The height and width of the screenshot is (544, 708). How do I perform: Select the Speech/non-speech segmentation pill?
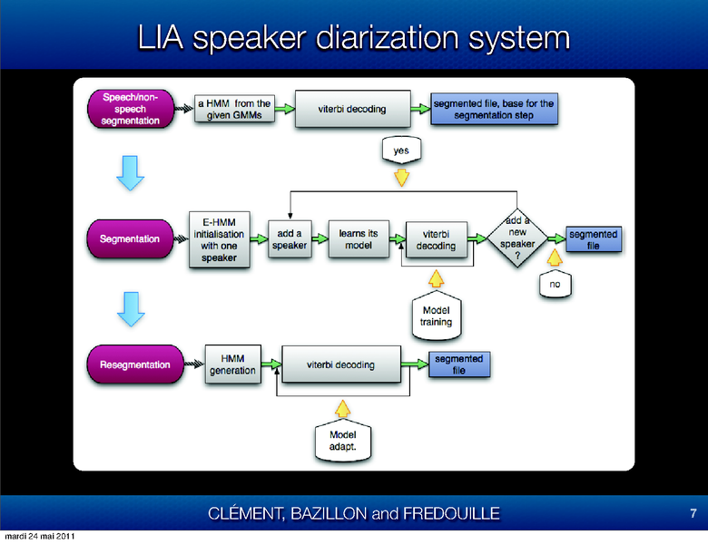(129, 108)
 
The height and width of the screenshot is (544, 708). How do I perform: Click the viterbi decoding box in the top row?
(351, 109)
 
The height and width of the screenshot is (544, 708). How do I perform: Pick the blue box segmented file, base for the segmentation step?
(493, 110)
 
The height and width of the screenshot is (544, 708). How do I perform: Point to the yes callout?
(400, 149)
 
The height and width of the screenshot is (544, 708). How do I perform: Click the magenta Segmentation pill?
(129, 239)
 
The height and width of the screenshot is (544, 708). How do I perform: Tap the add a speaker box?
(290, 239)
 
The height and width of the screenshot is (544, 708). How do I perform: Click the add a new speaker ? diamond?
(517, 240)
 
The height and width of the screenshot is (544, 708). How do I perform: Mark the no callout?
(555, 285)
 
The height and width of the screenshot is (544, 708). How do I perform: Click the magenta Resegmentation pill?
(129, 364)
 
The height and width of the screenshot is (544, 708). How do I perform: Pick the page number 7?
(693, 513)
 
